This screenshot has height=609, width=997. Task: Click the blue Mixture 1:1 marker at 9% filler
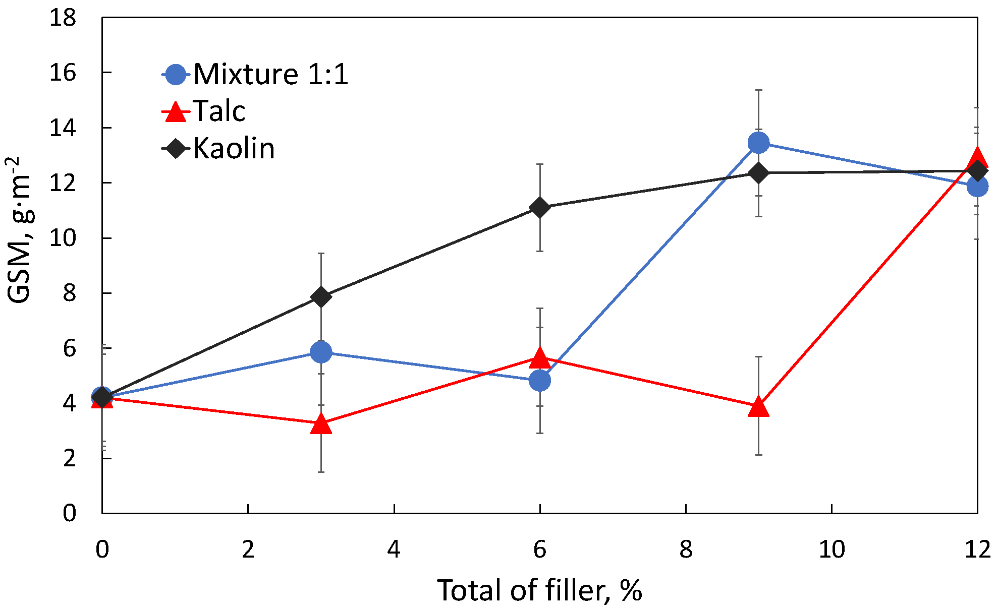point(758,143)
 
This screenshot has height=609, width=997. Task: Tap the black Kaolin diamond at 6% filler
point(540,208)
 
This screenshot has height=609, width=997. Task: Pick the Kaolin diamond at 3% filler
point(321,297)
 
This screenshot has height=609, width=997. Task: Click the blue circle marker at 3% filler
point(321,352)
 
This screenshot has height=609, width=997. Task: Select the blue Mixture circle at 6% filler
point(540,380)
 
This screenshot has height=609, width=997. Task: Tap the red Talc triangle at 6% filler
point(540,358)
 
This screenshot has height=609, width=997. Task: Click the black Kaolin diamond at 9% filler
point(758,173)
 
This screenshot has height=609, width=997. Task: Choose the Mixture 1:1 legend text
point(270,75)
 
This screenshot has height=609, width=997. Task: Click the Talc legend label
point(219,111)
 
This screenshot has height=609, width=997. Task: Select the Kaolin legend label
point(234,149)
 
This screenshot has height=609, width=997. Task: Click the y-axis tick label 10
point(63,238)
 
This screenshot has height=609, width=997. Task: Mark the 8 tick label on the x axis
point(685,550)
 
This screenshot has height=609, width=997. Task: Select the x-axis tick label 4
point(394,550)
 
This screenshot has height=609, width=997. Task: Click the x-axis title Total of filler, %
point(539,590)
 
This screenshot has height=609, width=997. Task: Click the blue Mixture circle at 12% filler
point(977,187)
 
